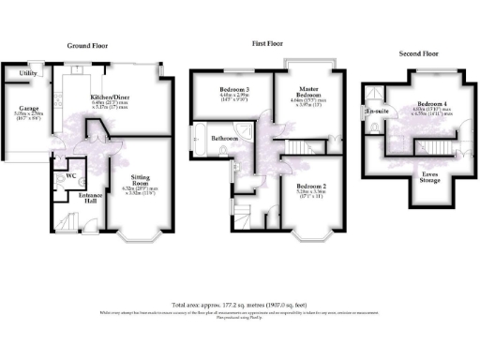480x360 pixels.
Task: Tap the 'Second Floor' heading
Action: (419, 53)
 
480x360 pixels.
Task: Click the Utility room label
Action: (27, 72)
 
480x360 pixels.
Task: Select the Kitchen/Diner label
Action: (111, 97)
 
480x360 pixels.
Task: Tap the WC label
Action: (69, 175)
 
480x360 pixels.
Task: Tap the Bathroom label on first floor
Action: (226, 139)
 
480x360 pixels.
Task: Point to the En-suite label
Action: (377, 112)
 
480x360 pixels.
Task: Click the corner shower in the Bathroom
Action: (245, 128)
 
